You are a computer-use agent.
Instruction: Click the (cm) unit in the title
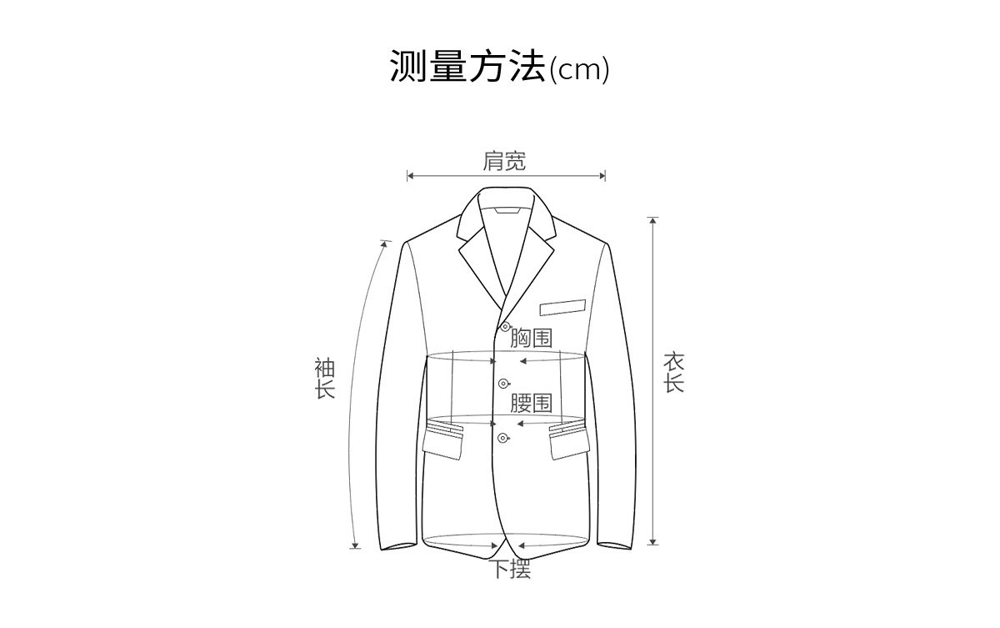(579, 69)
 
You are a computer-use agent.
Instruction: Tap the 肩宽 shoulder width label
(504, 161)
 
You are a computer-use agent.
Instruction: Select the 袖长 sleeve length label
(324, 378)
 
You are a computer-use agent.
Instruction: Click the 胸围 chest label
(531, 338)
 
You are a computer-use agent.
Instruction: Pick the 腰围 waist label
(531, 403)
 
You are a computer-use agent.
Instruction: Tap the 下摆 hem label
(509, 570)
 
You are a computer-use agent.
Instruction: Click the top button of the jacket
(505, 326)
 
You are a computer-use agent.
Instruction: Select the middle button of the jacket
(502, 384)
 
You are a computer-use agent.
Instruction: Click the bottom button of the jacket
(502, 439)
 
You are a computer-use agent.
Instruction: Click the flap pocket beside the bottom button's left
(442, 440)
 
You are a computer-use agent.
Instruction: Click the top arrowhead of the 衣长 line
(652, 221)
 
